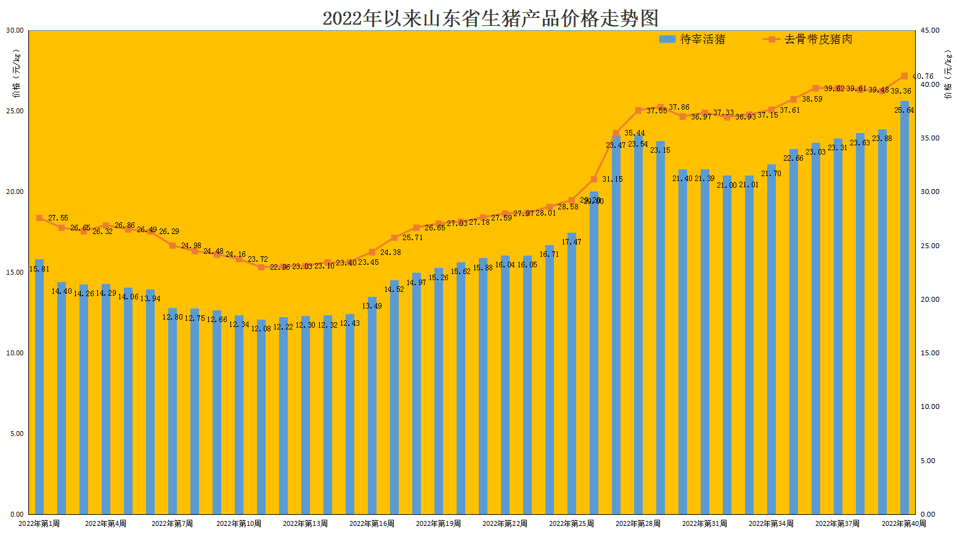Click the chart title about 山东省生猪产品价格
tap(491, 18)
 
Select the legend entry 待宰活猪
tap(692, 39)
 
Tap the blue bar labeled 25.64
tap(905, 308)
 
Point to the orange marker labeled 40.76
tap(905, 76)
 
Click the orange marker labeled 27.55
tap(39, 218)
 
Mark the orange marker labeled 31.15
tap(594, 179)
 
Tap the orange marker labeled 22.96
tap(261, 267)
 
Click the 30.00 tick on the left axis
tap(15, 30)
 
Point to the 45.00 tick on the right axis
tap(930, 30)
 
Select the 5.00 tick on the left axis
tap(17, 434)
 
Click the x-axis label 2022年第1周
tap(39, 523)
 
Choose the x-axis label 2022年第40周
tap(904, 523)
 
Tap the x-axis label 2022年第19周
tap(438, 523)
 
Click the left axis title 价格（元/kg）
tap(17, 74)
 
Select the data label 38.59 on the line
tap(812, 99)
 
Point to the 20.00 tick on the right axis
tap(930, 299)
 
